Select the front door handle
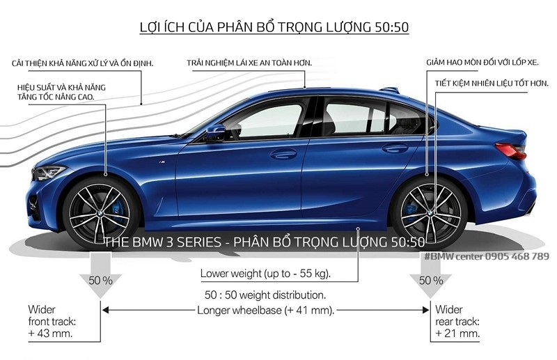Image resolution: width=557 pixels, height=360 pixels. (x=283, y=153)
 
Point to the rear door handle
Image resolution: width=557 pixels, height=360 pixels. (x=395, y=148)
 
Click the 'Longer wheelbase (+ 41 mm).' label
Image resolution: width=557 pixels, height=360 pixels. (x=266, y=310)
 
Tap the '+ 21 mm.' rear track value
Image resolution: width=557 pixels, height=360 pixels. (x=457, y=334)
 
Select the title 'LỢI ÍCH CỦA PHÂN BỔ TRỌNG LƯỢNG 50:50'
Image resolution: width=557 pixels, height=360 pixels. (x=274, y=27)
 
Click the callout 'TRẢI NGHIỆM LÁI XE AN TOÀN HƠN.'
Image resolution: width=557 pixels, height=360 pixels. (x=249, y=63)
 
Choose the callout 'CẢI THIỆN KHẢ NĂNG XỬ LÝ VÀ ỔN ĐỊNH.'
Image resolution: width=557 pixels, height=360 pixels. (x=83, y=63)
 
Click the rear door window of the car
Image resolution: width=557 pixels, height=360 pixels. (x=355, y=117)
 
